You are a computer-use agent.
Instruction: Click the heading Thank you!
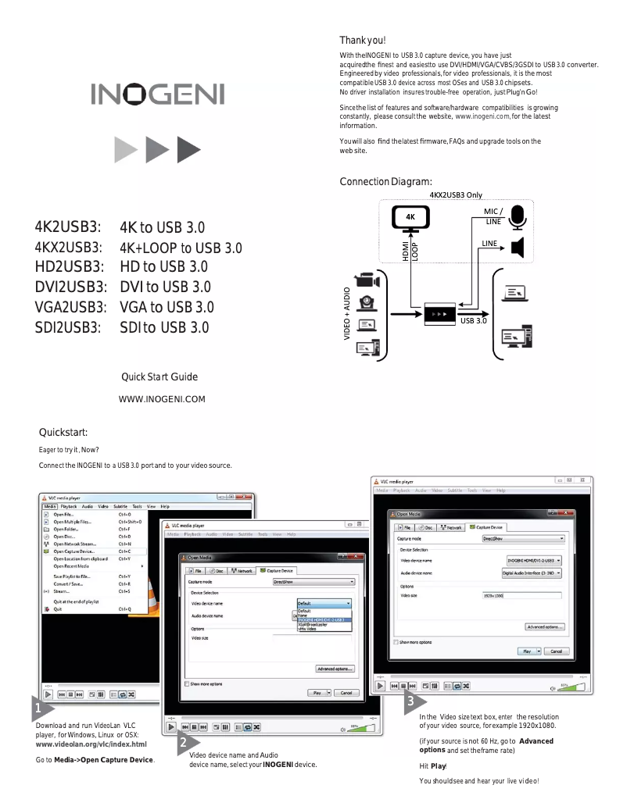[362, 40]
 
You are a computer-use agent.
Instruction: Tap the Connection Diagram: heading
[385, 182]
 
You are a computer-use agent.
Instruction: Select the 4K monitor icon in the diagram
[410, 219]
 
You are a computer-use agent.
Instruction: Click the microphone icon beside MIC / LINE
[518, 218]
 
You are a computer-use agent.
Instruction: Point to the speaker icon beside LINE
[517, 248]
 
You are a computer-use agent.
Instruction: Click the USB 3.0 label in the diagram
[474, 321]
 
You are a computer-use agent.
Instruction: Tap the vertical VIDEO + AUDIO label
[346, 313]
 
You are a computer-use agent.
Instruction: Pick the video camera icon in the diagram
[367, 280]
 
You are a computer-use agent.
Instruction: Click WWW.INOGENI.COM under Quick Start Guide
[161, 400]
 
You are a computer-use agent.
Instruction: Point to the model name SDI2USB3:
[68, 327]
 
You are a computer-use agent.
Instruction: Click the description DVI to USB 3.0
[165, 287]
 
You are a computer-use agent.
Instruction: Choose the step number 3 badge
[412, 704]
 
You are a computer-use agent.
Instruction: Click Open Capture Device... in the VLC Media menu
[74, 551]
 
